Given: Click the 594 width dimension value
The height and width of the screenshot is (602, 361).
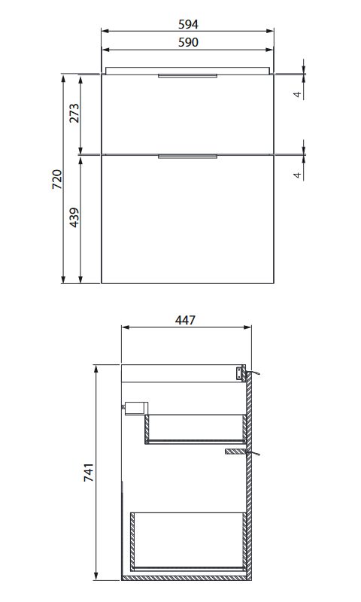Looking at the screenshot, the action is pos(188,25).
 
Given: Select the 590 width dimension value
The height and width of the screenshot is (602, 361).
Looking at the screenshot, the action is pos(188,42).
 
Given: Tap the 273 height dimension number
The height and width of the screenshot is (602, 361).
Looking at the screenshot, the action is pos(74,113).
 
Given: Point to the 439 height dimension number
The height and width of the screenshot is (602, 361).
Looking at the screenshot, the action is pos(74,217).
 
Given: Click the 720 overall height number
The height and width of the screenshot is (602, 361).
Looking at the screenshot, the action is pos(56,179).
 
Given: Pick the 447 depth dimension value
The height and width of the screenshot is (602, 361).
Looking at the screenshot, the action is pos(185,321).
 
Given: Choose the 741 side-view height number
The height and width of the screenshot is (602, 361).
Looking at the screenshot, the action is pos(89,473).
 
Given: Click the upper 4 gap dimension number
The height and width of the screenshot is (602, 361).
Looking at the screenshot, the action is pos(298,93).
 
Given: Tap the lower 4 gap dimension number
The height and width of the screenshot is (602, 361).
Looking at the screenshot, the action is pos(298,175).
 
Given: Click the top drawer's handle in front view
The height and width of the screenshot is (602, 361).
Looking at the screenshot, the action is pos(187,76).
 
